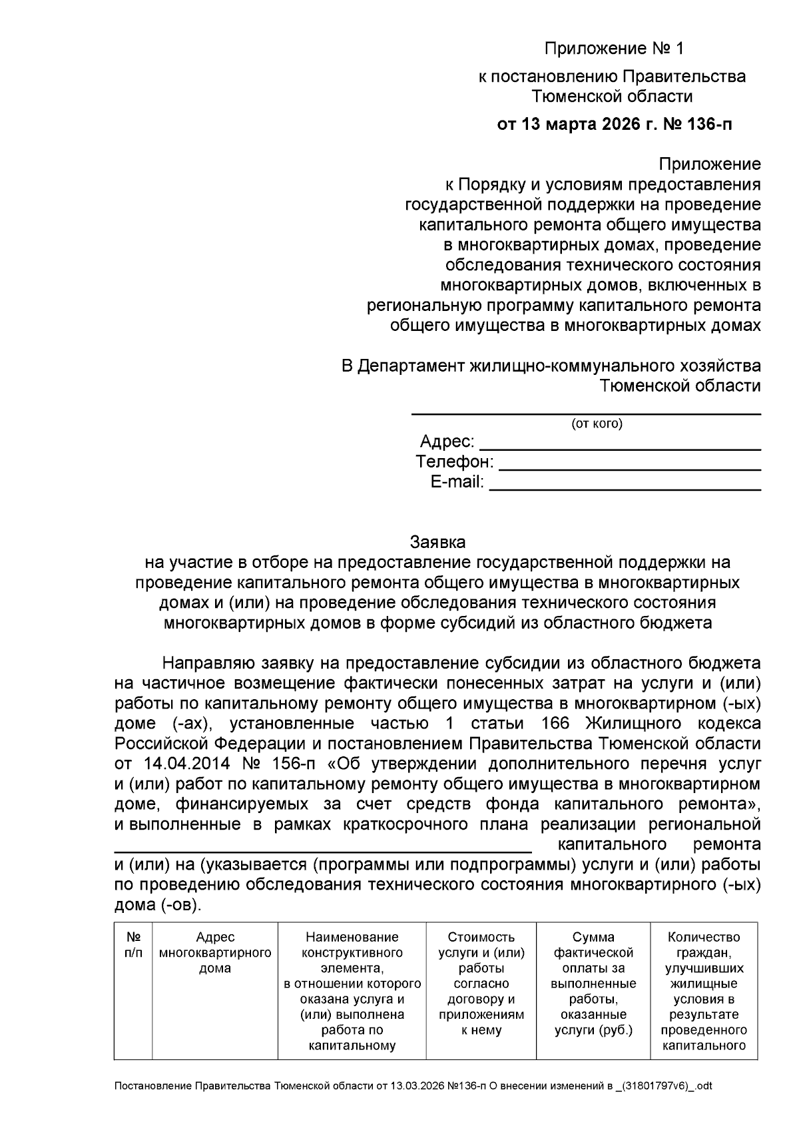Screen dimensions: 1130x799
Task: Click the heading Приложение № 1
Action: coord(613,49)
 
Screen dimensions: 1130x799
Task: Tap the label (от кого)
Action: coord(597,424)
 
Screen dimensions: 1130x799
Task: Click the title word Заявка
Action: coord(437,541)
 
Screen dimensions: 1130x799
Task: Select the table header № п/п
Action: coord(133,945)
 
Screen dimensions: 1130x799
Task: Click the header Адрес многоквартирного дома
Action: coord(215,953)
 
